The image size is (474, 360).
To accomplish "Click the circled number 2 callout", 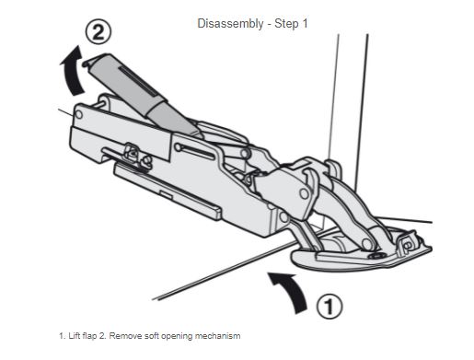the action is click(98, 32).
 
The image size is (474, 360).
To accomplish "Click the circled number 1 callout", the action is click(329, 306).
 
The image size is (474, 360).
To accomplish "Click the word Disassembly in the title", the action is click(230, 24).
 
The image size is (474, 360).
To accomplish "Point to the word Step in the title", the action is click(286, 24).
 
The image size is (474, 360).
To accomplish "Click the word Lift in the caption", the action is click(74, 336).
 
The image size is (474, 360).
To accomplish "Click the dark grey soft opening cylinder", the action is click(141, 94).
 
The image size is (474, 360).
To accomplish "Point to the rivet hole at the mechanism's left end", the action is click(79, 115).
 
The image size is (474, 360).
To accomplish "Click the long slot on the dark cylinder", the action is click(137, 81).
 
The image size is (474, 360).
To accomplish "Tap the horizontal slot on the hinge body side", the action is click(194, 151).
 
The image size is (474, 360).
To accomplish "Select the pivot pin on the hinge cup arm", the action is click(304, 193).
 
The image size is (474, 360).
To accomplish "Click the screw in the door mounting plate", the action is click(375, 255).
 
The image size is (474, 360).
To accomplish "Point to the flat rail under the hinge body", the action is click(168, 191).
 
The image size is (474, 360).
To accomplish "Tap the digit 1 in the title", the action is click(305, 24).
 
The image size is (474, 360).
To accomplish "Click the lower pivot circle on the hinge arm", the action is click(366, 244).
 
